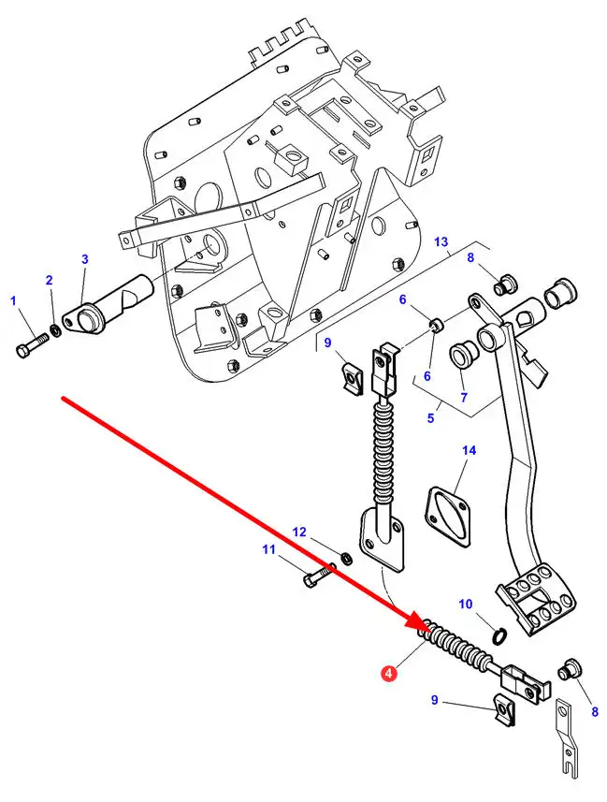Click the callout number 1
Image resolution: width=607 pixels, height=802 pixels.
(14, 300)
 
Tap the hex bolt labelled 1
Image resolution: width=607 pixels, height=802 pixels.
(32, 344)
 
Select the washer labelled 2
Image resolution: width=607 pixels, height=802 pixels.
(56, 330)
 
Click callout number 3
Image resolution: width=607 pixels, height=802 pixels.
(85, 259)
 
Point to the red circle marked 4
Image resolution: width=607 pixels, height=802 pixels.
(389, 674)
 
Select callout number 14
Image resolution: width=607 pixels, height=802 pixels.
(469, 451)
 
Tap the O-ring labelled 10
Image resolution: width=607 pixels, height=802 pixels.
(500, 635)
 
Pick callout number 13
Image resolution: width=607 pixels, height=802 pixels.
(441, 242)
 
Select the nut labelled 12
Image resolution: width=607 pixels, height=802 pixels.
(346, 558)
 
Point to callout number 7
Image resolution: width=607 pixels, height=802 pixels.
(464, 397)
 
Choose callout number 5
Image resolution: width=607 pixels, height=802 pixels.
(430, 418)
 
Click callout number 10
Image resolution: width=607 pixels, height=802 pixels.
(466, 605)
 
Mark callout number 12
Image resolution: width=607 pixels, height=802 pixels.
(299, 532)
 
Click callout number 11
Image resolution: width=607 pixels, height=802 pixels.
(269, 550)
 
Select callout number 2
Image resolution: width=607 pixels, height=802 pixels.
(49, 280)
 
